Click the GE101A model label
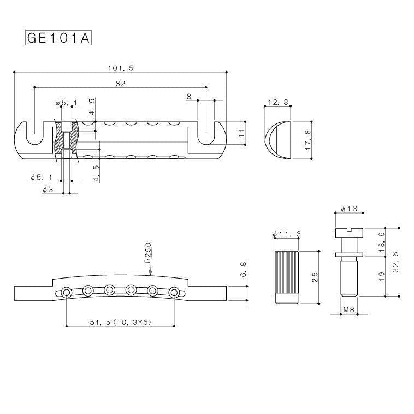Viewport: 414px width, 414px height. tap(58, 38)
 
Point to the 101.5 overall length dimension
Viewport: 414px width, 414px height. tap(121, 68)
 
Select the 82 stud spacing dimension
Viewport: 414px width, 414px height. tap(121, 83)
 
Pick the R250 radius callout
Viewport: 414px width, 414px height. tap(148, 254)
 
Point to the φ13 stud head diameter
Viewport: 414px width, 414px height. tap(348, 209)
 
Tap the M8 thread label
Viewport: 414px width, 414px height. tap(348, 310)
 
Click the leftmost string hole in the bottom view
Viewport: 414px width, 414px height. tap(66, 293)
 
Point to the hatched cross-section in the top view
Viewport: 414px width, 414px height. tap(67, 140)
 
